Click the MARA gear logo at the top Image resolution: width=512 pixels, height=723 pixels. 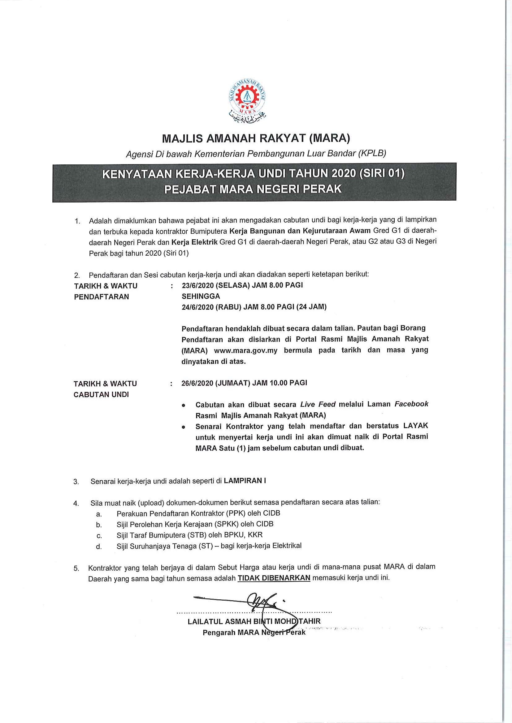(x=247, y=98)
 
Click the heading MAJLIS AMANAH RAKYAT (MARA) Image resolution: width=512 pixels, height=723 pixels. (x=256, y=138)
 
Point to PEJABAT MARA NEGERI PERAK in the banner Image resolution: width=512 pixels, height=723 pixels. (x=253, y=189)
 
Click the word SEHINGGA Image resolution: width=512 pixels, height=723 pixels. (x=201, y=296)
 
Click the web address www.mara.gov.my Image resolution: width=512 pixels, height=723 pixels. (x=245, y=351)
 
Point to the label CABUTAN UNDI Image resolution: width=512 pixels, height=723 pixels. (x=101, y=394)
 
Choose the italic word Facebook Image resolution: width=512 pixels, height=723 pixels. (x=411, y=404)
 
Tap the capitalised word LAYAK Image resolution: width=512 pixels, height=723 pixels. (x=415, y=426)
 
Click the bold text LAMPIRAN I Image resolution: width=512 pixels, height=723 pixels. (x=245, y=481)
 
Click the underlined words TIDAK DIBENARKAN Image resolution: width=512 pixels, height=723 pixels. (x=274, y=578)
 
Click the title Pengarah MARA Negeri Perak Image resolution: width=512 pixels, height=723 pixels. (x=254, y=632)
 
